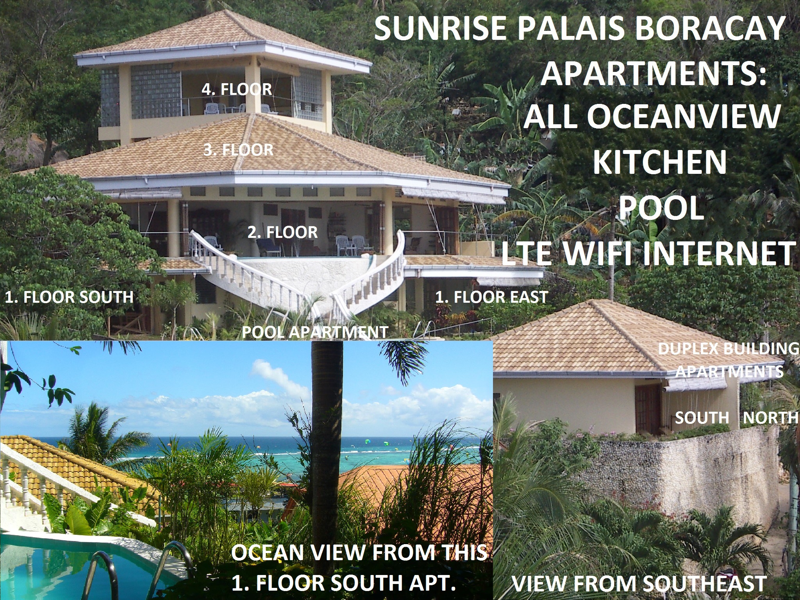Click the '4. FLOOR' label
click(x=237, y=89)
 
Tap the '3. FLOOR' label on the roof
click(x=238, y=150)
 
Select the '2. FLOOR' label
click(x=282, y=233)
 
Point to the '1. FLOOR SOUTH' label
click(x=69, y=297)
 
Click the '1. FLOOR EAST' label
click(x=491, y=297)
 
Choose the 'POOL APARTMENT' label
click(x=315, y=332)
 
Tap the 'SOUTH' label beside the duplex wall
click(x=702, y=418)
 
